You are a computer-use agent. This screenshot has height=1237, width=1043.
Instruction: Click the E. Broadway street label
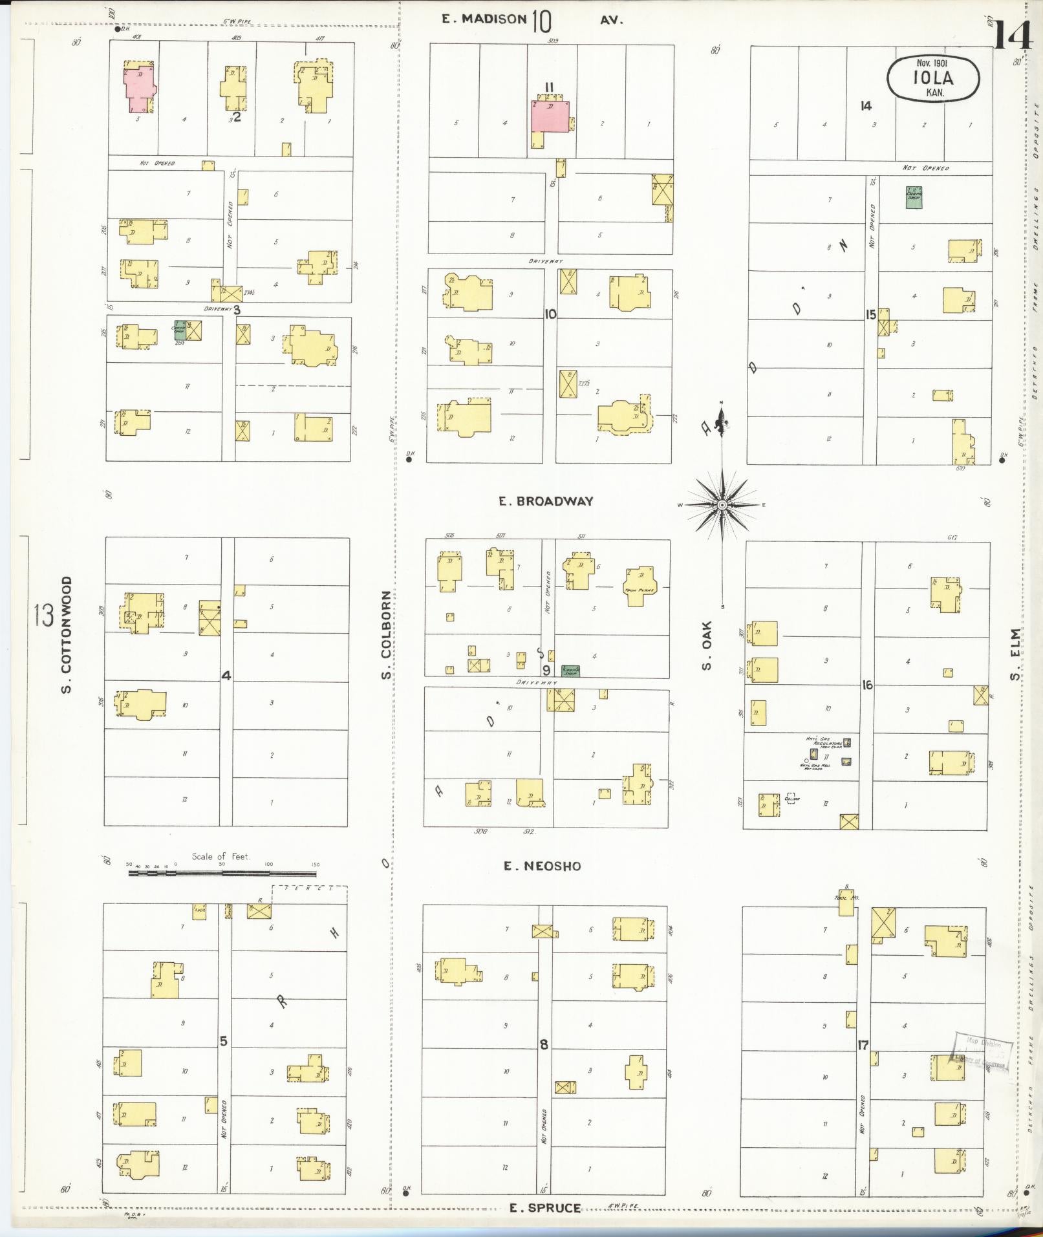pyautogui.click(x=546, y=501)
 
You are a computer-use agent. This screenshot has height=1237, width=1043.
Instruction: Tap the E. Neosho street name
pyautogui.click(x=543, y=866)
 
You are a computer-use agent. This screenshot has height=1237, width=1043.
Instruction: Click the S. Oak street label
pyautogui.click(x=707, y=645)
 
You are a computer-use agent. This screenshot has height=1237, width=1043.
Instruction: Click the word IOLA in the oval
pyautogui.click(x=933, y=78)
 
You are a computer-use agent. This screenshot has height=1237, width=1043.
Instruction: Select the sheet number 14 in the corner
pyautogui.click(x=1013, y=36)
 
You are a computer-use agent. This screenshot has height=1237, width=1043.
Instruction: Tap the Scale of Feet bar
pyautogui.click(x=223, y=873)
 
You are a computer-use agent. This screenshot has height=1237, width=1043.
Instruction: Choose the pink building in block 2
pyautogui.click(x=140, y=88)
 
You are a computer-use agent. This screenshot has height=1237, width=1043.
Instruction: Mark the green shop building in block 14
pyautogui.click(x=913, y=197)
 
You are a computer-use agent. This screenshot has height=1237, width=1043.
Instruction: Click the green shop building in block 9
pyautogui.click(x=570, y=671)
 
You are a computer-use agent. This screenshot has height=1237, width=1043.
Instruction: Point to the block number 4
pyautogui.click(x=226, y=676)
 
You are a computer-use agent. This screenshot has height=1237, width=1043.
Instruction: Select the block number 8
pyautogui.click(x=544, y=1044)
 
